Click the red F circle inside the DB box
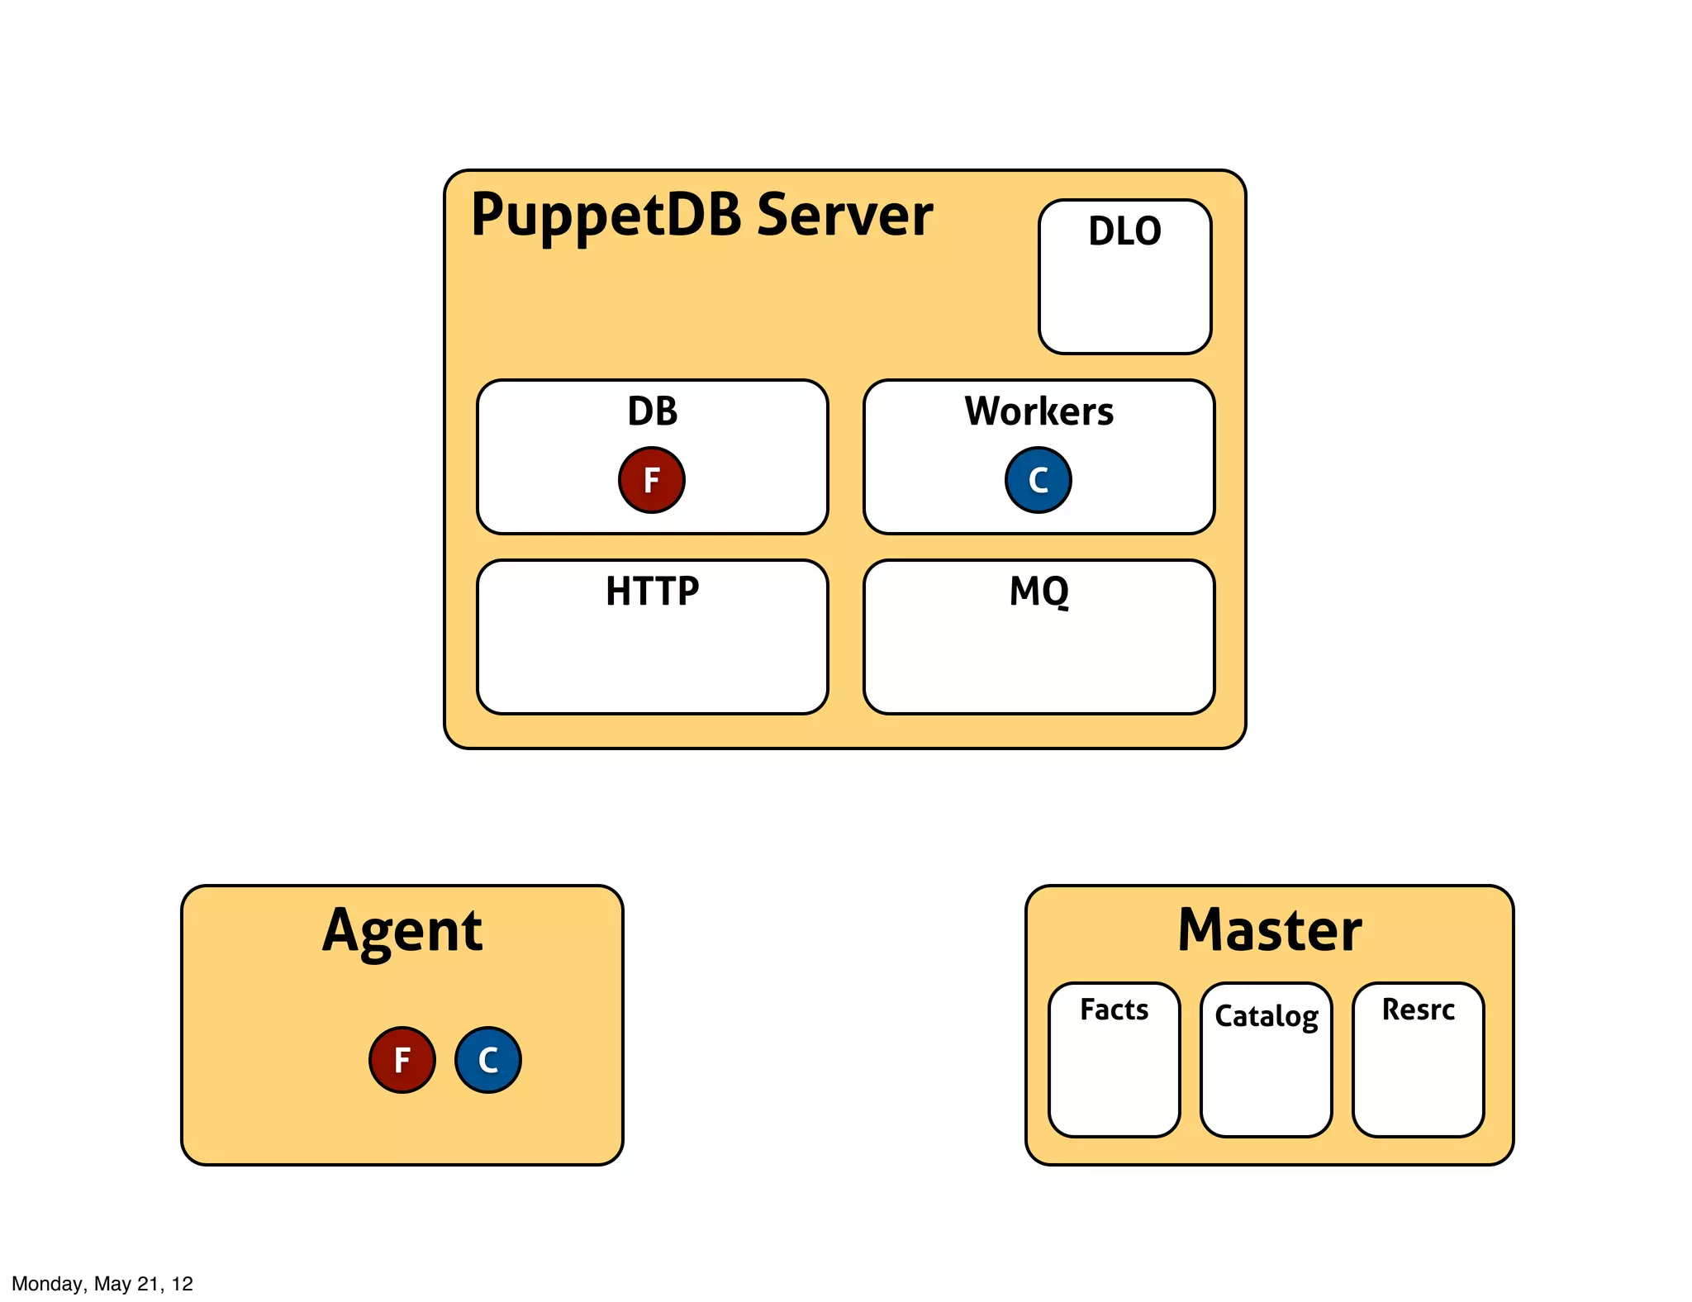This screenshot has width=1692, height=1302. [x=652, y=480]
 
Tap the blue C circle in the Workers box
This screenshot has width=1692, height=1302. [x=1038, y=480]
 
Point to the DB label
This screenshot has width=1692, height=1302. [x=652, y=411]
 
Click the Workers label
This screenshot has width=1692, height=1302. [x=1038, y=411]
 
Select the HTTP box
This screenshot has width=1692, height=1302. [x=652, y=653]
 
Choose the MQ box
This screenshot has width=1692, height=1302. [x=1038, y=653]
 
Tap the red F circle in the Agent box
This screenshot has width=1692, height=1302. [x=402, y=1060]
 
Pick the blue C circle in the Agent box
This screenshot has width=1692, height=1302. [x=488, y=1060]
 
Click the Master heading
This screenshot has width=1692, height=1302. [x=1269, y=931]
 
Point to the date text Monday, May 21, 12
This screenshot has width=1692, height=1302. [x=102, y=1283]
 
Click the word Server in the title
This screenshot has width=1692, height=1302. [x=844, y=216]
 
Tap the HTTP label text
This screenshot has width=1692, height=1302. [x=652, y=592]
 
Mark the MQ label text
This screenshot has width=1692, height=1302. [x=1038, y=592]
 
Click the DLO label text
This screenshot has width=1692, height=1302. [x=1124, y=231]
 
